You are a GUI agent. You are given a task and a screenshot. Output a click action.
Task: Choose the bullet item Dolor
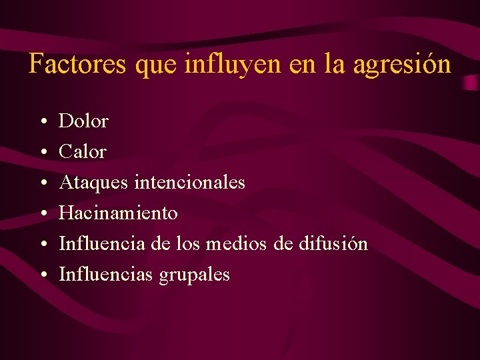click(x=83, y=121)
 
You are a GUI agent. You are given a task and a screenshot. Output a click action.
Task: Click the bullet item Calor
click(x=83, y=152)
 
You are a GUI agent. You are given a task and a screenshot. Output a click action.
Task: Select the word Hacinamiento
click(x=118, y=213)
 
